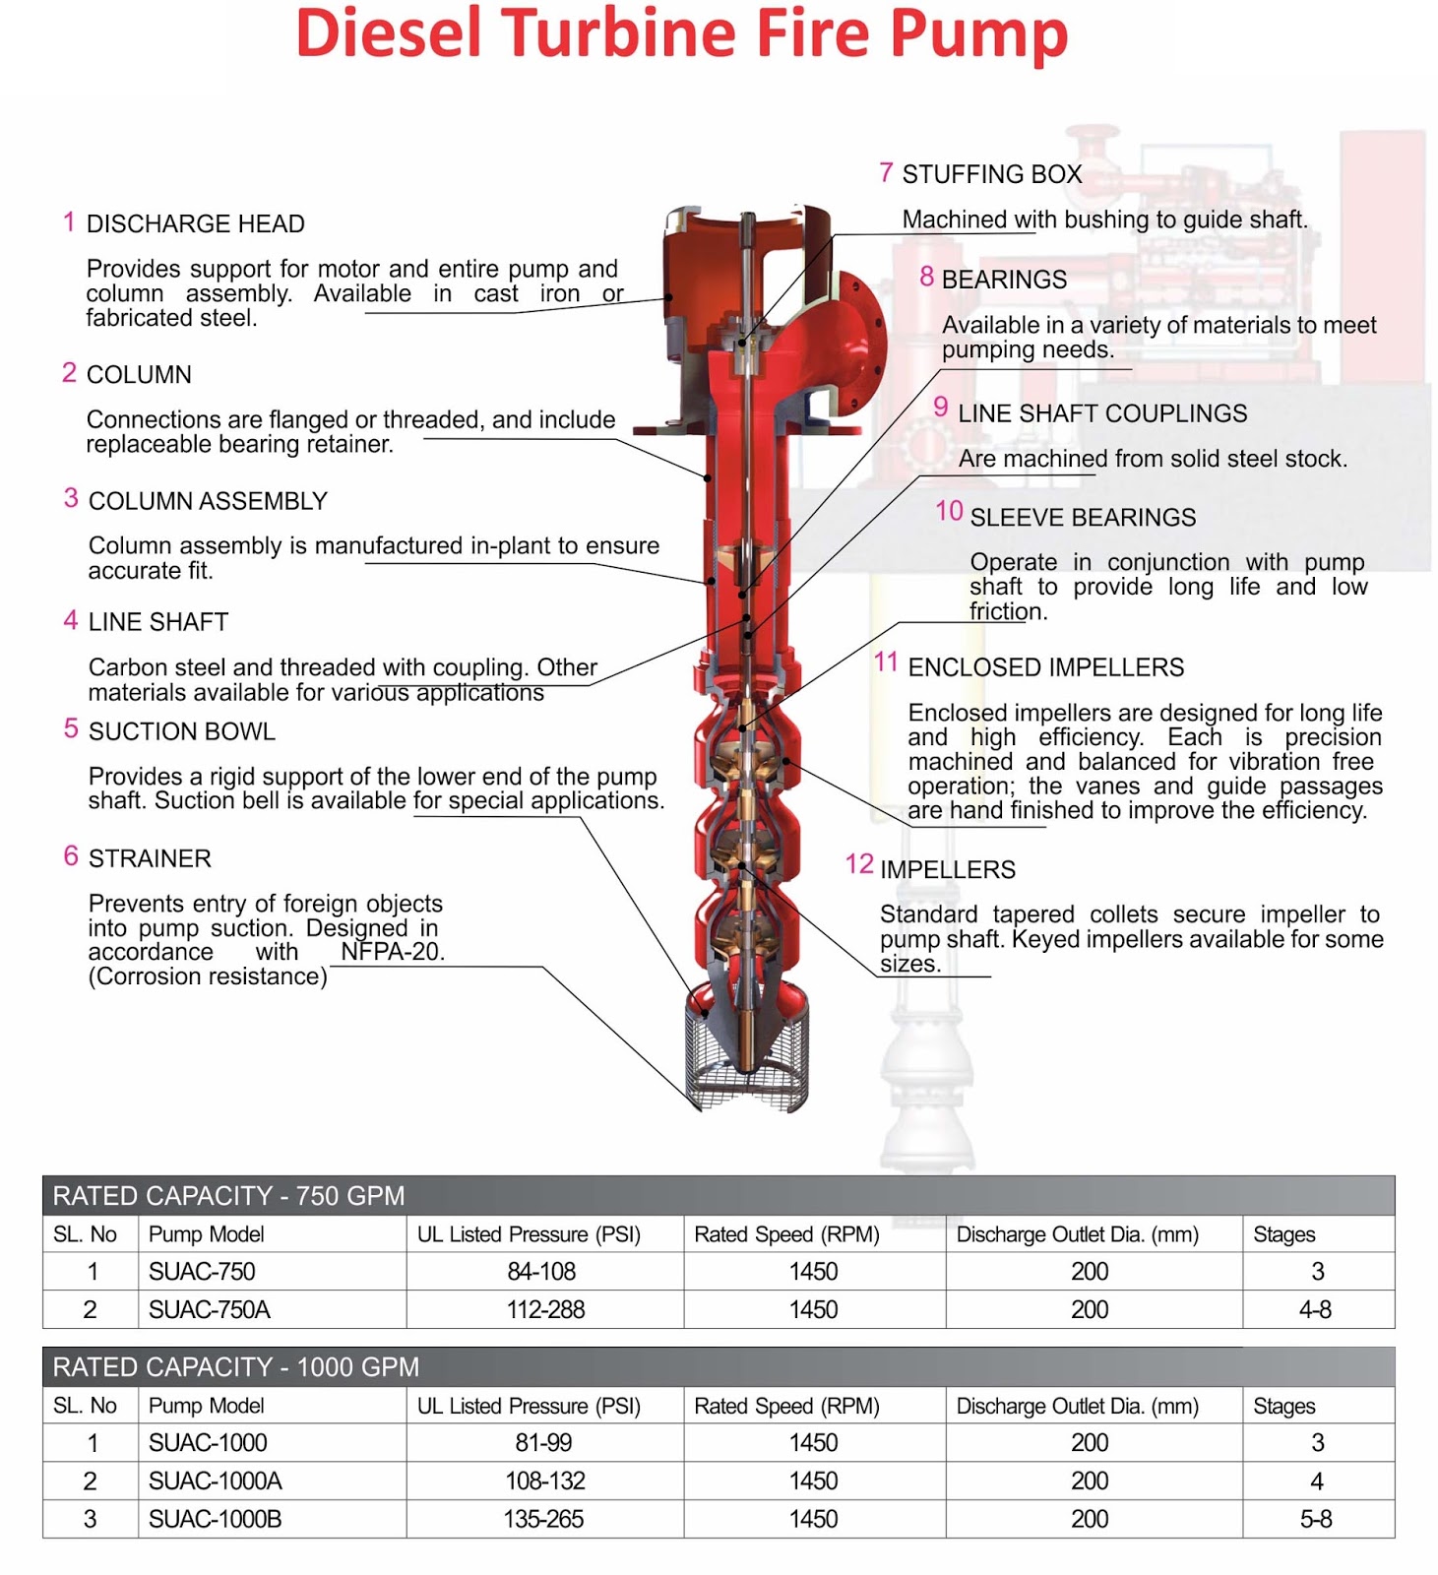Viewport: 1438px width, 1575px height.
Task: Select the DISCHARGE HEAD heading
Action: pyautogui.click(x=195, y=224)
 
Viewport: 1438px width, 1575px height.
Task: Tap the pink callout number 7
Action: pyautogui.click(x=886, y=173)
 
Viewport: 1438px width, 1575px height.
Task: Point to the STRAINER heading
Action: pyautogui.click(x=150, y=858)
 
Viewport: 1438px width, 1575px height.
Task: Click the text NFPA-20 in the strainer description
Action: pyautogui.click(x=392, y=952)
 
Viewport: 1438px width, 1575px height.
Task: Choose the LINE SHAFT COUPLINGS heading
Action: pyautogui.click(x=1101, y=413)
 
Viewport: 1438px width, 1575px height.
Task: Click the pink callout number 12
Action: pyautogui.click(x=858, y=864)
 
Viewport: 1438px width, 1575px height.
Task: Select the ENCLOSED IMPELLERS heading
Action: pyautogui.click(x=1045, y=667)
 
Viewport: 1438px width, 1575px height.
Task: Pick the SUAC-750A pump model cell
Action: pyautogui.click(x=209, y=1310)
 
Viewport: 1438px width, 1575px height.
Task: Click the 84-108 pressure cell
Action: pyautogui.click(x=541, y=1272)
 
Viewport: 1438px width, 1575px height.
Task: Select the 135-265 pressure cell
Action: pyautogui.click(x=543, y=1519)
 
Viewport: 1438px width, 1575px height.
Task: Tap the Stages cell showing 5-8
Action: pyautogui.click(x=1316, y=1519)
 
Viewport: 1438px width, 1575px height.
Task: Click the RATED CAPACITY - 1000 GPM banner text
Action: pyautogui.click(x=236, y=1367)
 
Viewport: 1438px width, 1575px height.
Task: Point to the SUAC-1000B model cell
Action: pyautogui.click(x=215, y=1519)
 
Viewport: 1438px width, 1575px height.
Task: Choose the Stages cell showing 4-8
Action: pyautogui.click(x=1315, y=1310)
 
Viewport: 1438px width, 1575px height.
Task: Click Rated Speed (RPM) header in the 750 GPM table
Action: pyautogui.click(x=786, y=1234)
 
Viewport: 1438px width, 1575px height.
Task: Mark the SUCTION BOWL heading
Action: pyautogui.click(x=181, y=731)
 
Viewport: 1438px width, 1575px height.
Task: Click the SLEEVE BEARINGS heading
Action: pyautogui.click(x=1083, y=518)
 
